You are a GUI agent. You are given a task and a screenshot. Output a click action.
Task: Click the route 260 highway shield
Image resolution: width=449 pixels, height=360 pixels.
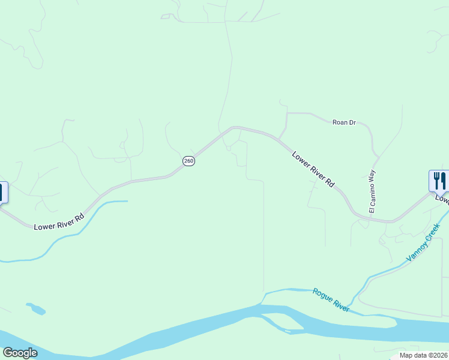188,161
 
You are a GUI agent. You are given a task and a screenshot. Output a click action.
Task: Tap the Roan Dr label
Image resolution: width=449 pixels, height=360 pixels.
344,122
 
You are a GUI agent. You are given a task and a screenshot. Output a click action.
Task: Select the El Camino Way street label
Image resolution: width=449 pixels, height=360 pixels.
372,191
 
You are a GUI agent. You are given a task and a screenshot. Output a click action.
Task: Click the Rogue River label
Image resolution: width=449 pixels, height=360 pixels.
331,299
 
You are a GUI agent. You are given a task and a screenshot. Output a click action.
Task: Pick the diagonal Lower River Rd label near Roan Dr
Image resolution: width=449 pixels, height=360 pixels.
313,170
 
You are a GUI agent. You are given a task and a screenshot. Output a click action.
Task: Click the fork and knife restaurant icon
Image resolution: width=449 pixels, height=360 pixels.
439,181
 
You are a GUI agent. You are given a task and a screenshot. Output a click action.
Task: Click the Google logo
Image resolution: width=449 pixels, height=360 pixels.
20,353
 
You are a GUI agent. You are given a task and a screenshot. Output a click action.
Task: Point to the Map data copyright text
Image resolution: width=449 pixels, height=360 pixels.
423,355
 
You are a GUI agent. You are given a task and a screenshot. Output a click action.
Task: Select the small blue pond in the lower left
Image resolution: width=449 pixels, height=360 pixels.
36,309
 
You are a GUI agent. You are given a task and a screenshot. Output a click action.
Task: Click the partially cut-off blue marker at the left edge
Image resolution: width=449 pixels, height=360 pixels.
2,193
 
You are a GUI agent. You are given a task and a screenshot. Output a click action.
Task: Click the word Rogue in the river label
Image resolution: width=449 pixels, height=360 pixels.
323,295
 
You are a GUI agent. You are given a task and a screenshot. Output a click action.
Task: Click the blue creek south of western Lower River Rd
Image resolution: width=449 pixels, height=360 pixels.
90,215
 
